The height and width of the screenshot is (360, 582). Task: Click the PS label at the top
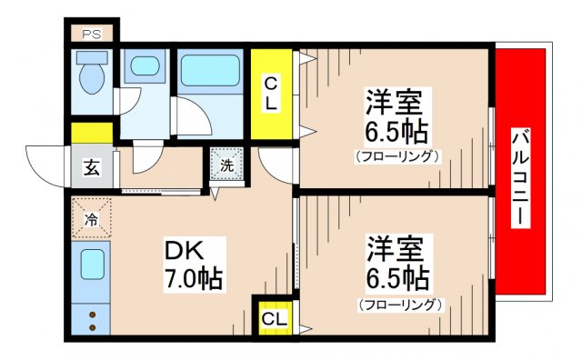point(91,35)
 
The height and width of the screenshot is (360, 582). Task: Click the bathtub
point(209,72)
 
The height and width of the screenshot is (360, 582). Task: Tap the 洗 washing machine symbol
point(227,166)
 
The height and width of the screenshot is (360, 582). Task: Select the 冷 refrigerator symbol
point(91,219)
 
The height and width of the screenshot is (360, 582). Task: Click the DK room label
point(183,248)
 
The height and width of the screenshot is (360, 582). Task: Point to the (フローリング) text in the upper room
point(397,156)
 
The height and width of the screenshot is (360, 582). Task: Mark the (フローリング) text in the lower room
point(399,304)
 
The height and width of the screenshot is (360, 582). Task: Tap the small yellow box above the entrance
point(92,133)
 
